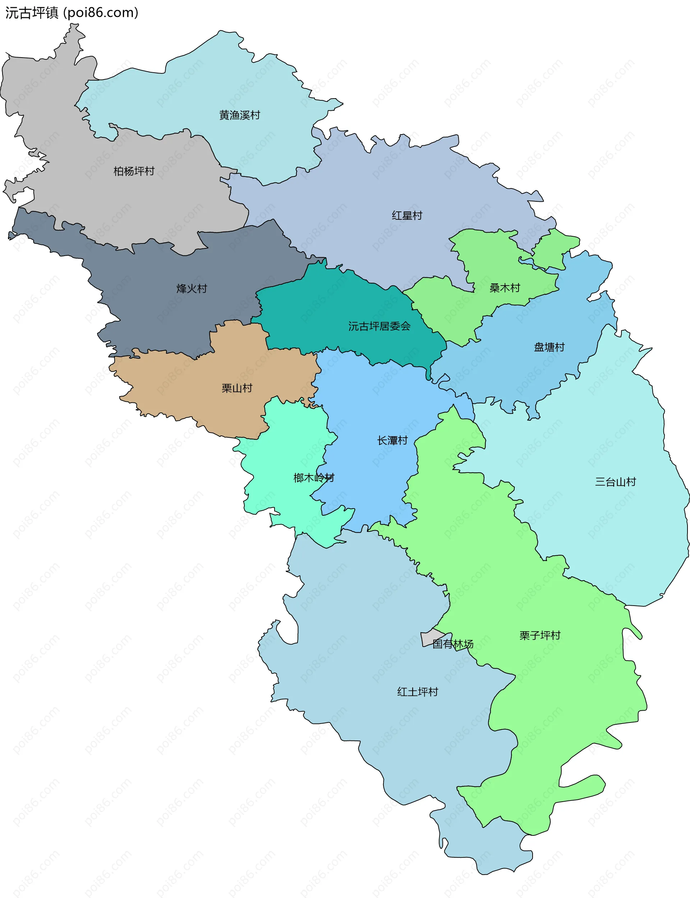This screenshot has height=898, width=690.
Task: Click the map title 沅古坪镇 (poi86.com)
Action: coord(72,13)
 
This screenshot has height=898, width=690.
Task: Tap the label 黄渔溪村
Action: coord(239,115)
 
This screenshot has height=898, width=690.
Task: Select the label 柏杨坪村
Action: coord(134,171)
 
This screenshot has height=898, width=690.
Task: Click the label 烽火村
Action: coord(192,288)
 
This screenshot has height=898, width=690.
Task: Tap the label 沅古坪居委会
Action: coord(379,326)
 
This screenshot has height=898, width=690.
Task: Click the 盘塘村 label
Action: coord(549,347)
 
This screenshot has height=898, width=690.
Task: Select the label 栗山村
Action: coord(236,388)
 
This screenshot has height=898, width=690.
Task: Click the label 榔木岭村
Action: coord(314,478)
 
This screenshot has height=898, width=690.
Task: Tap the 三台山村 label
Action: coord(615,482)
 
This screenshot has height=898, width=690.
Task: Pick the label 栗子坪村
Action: coord(540,635)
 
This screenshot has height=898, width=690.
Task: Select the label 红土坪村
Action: coord(417,692)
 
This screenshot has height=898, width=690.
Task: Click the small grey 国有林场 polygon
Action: coord(429,638)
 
